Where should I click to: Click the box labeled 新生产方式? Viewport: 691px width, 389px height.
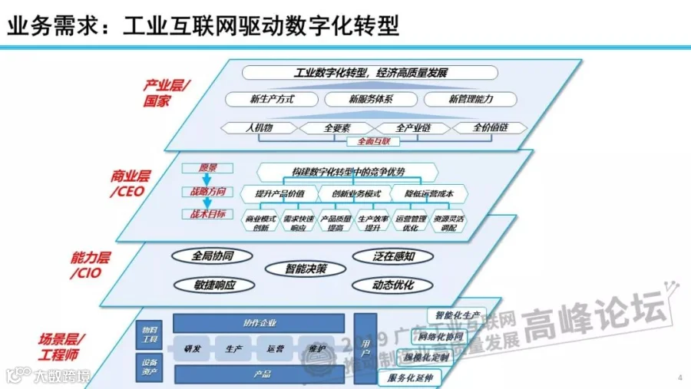coord(272,99)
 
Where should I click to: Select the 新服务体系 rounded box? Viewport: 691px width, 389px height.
coord(371,99)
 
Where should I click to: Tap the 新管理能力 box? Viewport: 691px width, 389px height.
coord(471,99)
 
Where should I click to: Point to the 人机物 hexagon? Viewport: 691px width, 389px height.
coord(259,127)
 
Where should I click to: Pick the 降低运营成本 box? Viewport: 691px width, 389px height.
coord(428,193)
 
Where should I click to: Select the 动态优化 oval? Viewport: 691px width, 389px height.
coord(393,285)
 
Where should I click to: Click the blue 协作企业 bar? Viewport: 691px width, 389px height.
coord(259,323)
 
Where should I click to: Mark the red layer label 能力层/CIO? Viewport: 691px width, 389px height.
coord(86,265)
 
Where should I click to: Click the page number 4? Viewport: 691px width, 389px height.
coord(680,377)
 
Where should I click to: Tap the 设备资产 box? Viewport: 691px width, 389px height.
coord(150,368)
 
